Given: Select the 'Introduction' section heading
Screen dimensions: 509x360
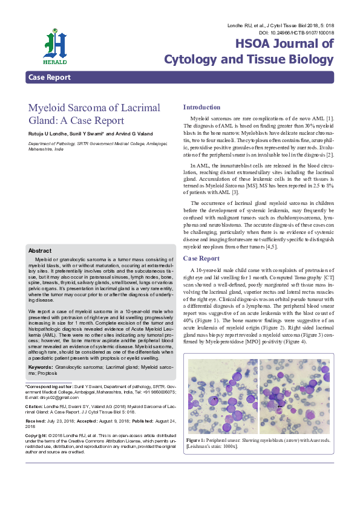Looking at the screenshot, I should coord(201,107).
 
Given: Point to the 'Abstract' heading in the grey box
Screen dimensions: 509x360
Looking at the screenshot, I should coord(41,250).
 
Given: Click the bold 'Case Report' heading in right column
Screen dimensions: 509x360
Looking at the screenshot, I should coord(201,258).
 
